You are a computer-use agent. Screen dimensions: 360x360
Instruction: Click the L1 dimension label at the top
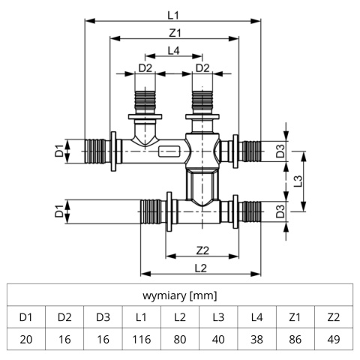tap(173, 16)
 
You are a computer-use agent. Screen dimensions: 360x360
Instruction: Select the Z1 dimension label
tap(175, 33)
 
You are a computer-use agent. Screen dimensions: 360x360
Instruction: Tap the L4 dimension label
tap(173, 51)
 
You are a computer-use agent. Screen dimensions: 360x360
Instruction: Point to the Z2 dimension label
tap(202, 250)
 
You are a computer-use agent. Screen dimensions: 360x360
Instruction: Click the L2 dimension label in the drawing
tap(201, 268)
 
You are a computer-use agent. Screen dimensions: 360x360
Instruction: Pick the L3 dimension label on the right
tap(298, 181)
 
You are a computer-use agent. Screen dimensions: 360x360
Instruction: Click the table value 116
tap(142, 339)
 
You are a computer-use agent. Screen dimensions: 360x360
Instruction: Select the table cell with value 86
tap(295, 339)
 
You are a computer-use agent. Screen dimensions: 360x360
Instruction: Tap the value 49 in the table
tap(334, 339)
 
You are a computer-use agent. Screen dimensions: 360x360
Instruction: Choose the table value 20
tap(26, 339)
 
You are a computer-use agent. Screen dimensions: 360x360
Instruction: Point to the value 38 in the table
tap(256, 339)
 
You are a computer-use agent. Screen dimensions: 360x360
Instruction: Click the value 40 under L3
tap(218, 339)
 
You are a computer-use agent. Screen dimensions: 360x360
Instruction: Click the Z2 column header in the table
tap(334, 317)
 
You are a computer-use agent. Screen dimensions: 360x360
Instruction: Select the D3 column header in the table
tap(103, 317)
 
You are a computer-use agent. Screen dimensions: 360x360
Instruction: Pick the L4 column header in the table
tap(256, 317)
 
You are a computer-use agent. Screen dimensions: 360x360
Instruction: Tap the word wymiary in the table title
tap(164, 295)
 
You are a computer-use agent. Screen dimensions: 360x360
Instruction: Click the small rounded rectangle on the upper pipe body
tap(169, 151)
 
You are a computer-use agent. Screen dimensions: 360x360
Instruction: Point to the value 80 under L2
tap(180, 339)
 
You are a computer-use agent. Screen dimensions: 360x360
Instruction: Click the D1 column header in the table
tap(26, 317)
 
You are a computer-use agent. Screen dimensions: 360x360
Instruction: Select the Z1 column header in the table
tap(295, 317)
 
